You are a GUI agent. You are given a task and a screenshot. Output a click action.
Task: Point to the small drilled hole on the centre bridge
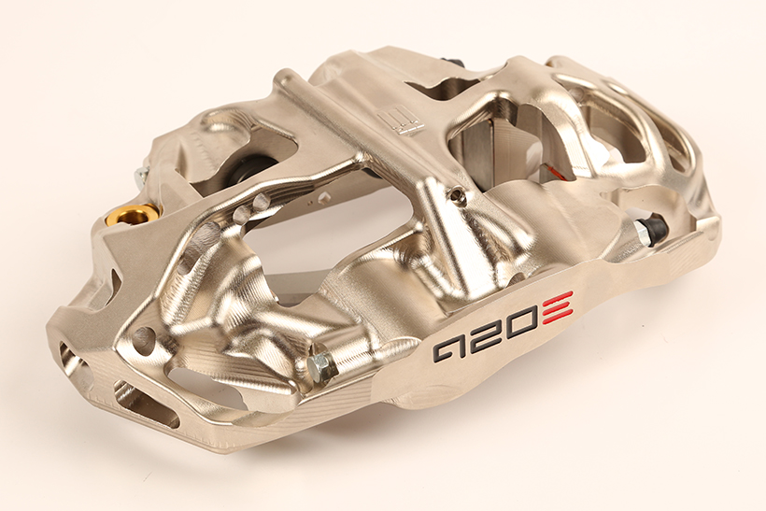pyautogui.click(x=456, y=195)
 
